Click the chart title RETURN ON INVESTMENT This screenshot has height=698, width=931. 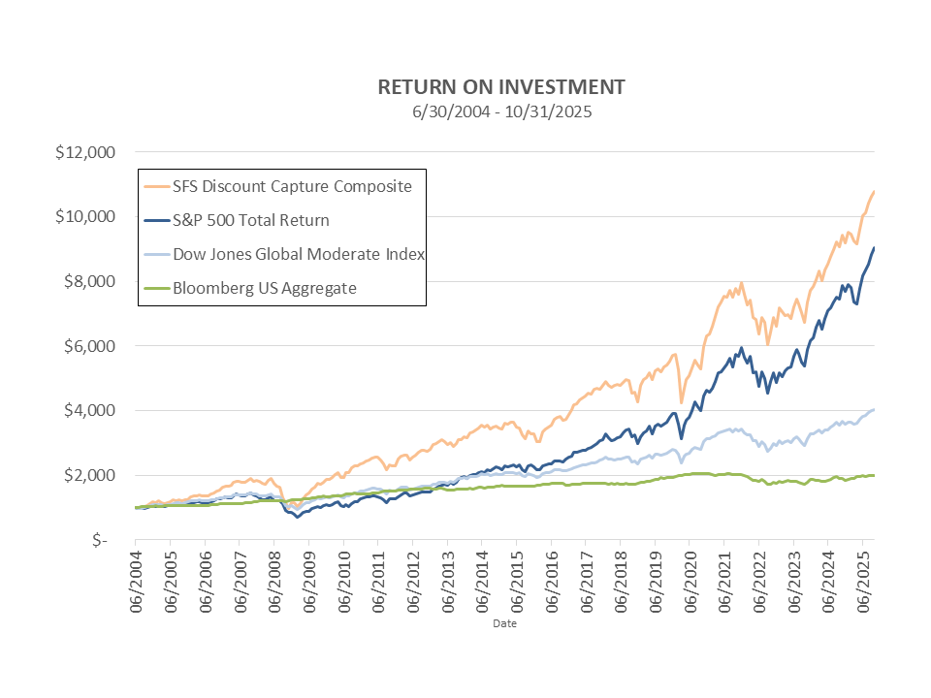[x=500, y=87]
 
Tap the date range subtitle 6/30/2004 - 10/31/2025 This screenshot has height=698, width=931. [x=500, y=111]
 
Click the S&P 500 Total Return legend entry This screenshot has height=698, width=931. [x=250, y=220]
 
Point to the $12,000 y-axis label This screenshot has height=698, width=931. [x=86, y=152]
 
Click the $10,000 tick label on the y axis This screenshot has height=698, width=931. [x=86, y=216]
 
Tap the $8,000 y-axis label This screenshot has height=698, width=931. [x=90, y=281]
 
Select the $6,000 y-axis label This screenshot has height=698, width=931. [x=90, y=346]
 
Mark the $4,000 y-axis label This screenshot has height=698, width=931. [x=90, y=410]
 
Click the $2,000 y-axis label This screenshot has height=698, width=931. [x=90, y=475]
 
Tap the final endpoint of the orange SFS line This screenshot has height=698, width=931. [x=875, y=192]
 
